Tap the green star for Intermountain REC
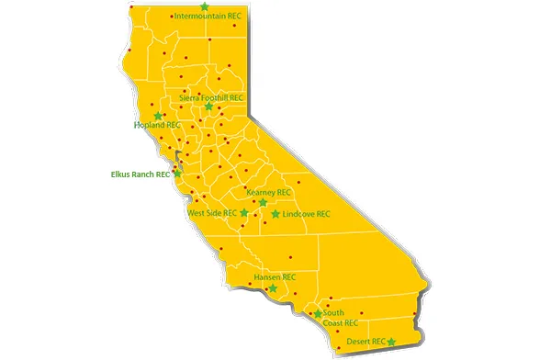point(205,6)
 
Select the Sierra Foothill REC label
point(211,96)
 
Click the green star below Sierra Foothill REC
point(209,107)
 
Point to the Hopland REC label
point(157,125)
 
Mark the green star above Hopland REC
point(158,116)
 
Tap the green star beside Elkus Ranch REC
point(178,173)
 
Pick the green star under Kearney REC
point(263,202)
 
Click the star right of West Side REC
point(244,213)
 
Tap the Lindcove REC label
point(307,214)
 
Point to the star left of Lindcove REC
point(275,214)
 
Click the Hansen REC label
point(275,276)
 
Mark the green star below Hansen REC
point(272,288)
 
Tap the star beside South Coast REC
point(318,314)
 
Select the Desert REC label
point(365,342)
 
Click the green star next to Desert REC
point(392,342)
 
